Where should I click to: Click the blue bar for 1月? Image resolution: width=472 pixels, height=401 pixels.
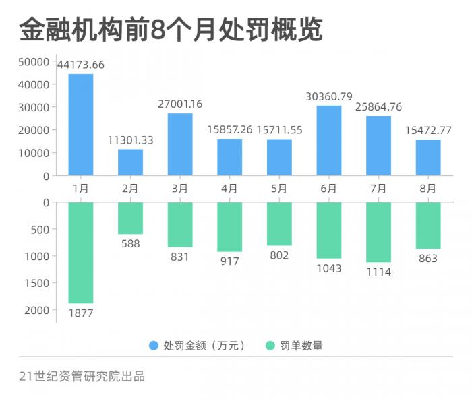[x=81, y=125]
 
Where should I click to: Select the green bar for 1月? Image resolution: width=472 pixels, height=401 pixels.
[x=81, y=253]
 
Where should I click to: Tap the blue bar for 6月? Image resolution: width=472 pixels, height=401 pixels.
[x=329, y=140]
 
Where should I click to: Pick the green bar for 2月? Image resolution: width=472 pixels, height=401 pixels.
[x=130, y=218]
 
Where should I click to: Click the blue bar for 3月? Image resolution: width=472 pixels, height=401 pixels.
[x=180, y=144]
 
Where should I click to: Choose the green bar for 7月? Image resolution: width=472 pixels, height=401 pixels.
[x=378, y=232]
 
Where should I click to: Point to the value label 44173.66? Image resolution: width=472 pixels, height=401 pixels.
[x=81, y=65]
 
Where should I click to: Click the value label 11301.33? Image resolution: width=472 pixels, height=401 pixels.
[x=130, y=140]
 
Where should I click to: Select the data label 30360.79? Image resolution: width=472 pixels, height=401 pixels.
[x=329, y=96]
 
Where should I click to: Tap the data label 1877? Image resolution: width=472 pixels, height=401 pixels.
[x=81, y=313]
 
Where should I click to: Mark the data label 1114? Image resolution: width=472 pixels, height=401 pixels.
[x=378, y=272]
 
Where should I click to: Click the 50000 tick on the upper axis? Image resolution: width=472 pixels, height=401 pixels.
[x=34, y=62]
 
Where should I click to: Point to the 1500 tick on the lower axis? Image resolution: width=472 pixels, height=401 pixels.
[x=38, y=283]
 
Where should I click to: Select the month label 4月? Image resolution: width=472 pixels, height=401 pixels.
[x=229, y=189]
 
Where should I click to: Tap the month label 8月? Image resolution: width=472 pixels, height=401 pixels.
[x=428, y=189]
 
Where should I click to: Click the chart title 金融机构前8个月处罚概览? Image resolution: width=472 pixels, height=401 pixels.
[x=171, y=29]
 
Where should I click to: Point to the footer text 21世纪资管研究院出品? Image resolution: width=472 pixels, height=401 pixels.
[x=82, y=376]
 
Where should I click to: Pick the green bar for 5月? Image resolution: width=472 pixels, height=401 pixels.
[x=279, y=224]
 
